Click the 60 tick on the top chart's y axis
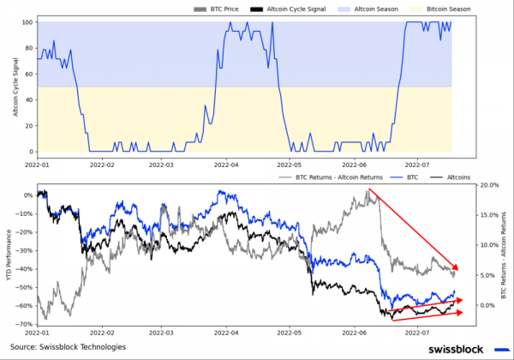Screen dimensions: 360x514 (29, 74)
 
